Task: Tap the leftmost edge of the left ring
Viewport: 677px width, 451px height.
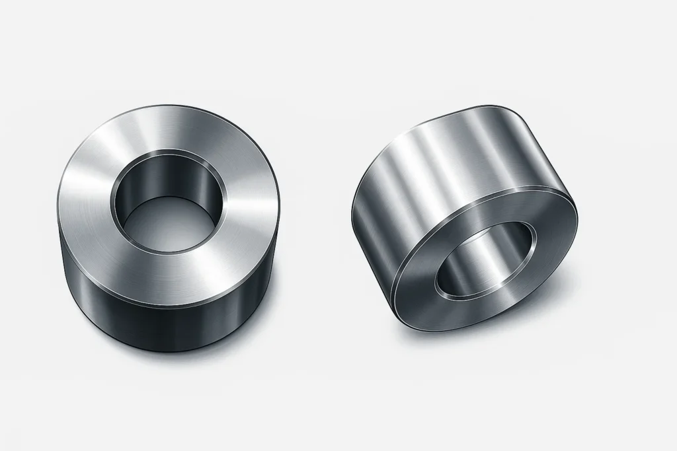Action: coord(58,218)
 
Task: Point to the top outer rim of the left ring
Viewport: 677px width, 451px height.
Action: coord(169,106)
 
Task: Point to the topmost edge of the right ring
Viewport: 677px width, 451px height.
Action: coord(489,106)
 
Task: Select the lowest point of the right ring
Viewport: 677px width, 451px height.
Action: coord(450,330)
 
